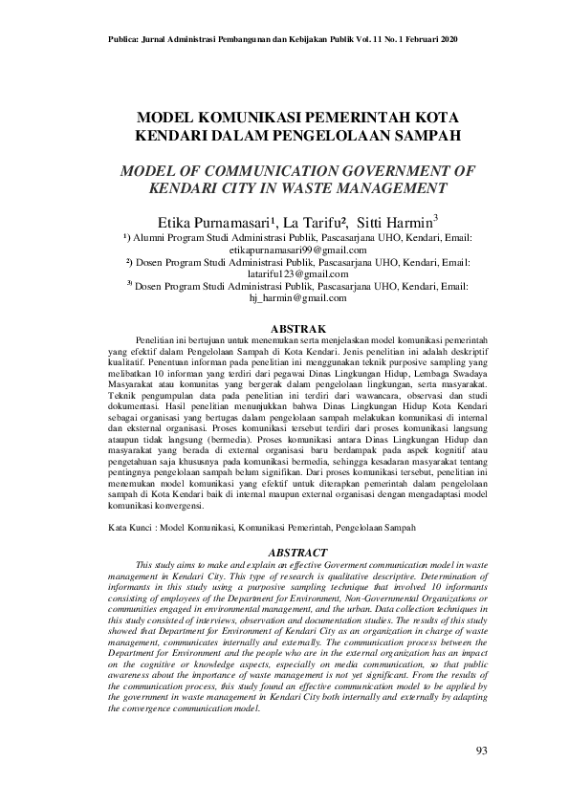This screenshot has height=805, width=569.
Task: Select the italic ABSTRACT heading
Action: tap(299, 553)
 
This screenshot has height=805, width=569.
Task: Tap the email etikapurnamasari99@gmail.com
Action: tap(299, 248)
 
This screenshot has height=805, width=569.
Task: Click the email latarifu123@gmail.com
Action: tap(299, 273)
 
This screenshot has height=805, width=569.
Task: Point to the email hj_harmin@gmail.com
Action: tap(297, 298)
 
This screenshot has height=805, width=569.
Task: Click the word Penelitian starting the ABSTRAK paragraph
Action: tap(159, 340)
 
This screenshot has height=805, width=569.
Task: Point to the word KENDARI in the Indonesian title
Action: tap(177, 137)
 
